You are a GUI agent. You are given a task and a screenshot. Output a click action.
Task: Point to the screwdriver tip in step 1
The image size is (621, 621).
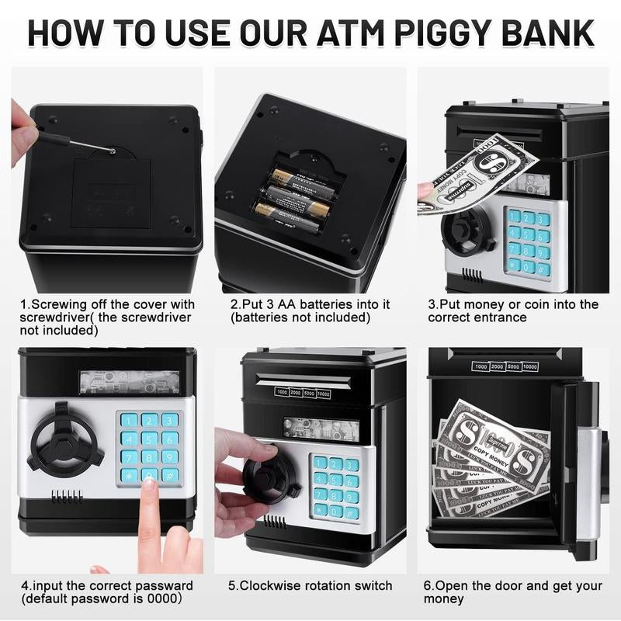(x=112, y=151)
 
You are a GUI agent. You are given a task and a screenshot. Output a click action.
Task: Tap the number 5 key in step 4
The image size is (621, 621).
(x=150, y=439)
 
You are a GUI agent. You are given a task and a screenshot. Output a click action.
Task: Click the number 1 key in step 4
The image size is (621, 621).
(x=130, y=420)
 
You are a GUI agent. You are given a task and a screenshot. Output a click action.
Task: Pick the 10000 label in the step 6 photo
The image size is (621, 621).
(x=530, y=366)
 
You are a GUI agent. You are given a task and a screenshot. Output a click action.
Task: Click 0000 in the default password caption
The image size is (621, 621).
(x=164, y=599)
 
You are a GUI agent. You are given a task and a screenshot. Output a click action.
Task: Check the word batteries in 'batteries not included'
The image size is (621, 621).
(x=263, y=317)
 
